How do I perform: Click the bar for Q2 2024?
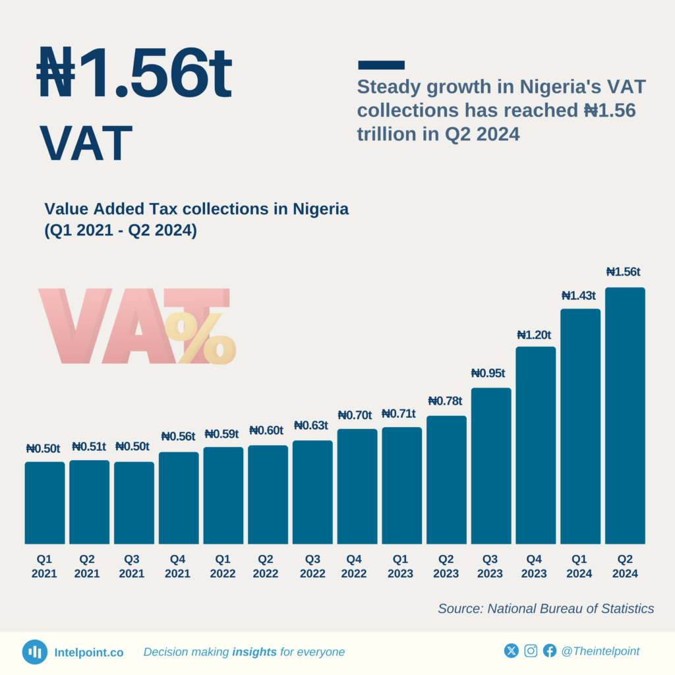point(625,415)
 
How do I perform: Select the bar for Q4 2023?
point(535,445)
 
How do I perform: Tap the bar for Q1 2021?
point(45,502)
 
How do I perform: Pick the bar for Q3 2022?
point(312,492)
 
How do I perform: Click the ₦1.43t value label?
point(578,296)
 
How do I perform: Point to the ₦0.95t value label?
point(488,373)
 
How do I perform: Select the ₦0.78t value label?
point(445,401)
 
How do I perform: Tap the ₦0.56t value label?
point(178,436)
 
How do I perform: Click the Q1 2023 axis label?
point(399,566)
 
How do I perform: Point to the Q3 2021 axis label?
point(132,566)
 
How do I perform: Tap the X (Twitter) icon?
point(512,651)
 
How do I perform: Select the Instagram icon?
point(531,651)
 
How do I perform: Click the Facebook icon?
point(550,651)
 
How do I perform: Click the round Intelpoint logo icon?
point(34,652)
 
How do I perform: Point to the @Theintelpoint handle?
point(600,651)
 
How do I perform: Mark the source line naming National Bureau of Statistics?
point(546,608)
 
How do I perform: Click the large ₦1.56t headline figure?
point(134,73)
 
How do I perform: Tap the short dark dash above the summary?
point(381,65)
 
